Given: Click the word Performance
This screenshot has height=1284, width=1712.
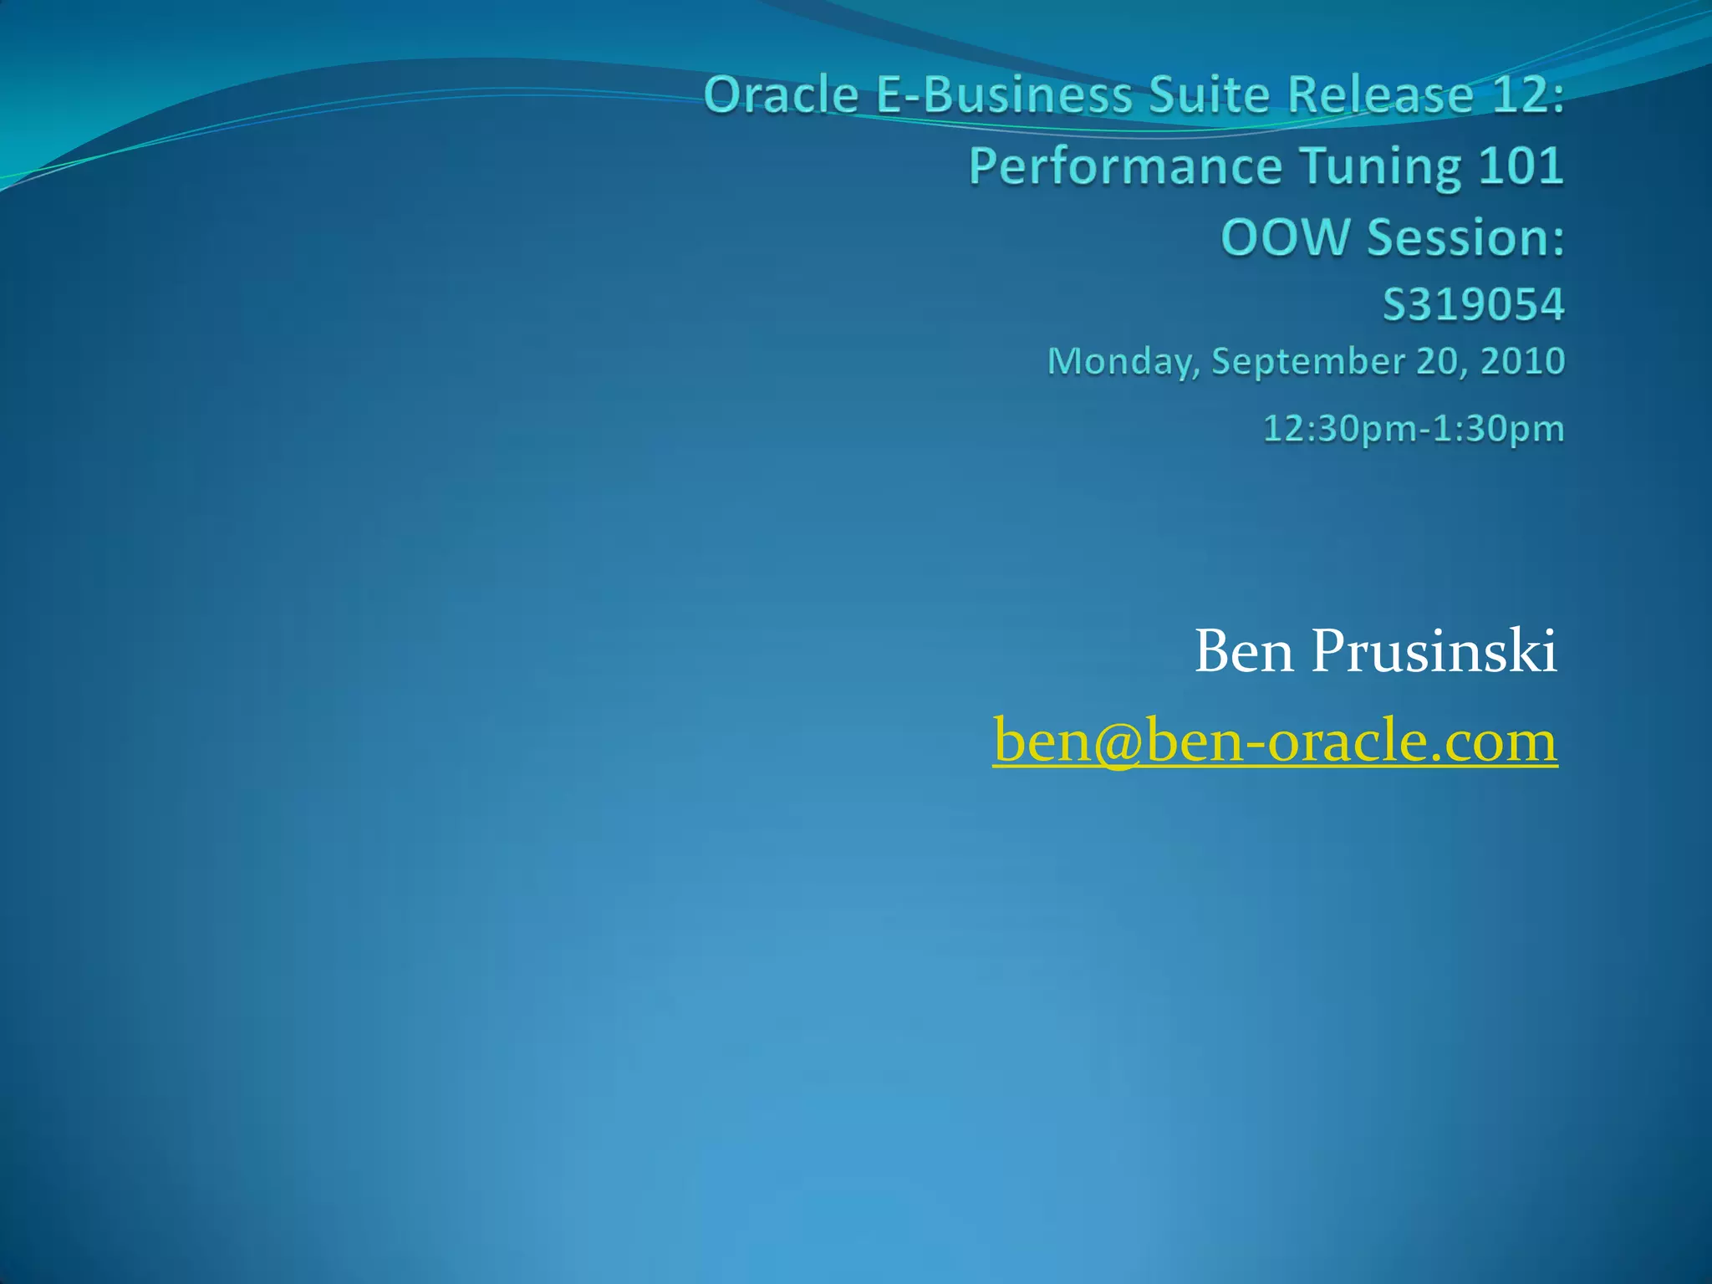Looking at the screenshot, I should [x=1125, y=167].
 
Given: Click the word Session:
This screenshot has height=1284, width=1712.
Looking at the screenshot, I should [x=1466, y=237].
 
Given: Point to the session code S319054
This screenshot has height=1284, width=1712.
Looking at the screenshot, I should [x=1473, y=304].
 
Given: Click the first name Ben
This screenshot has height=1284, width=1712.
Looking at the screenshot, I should [x=1246, y=652].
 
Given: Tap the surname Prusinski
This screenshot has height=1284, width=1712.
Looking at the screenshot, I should [x=1434, y=652].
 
